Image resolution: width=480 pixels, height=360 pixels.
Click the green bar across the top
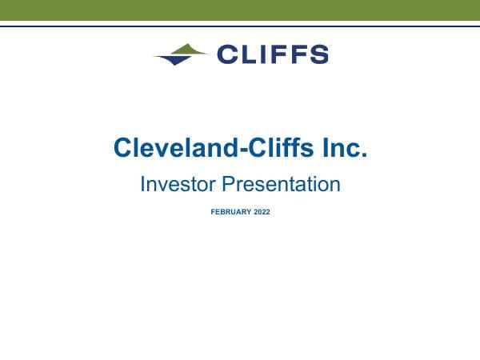point(240,10)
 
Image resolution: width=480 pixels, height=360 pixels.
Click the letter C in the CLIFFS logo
point(227,54)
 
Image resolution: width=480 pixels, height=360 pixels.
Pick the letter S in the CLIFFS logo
point(318,54)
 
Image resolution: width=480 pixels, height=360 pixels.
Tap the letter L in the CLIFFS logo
point(249,54)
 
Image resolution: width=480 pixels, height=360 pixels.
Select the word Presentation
point(281,185)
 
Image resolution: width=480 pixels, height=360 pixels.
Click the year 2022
point(262,212)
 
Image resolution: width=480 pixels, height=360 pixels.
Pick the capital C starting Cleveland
point(123,148)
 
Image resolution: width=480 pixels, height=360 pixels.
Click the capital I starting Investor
point(142,185)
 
